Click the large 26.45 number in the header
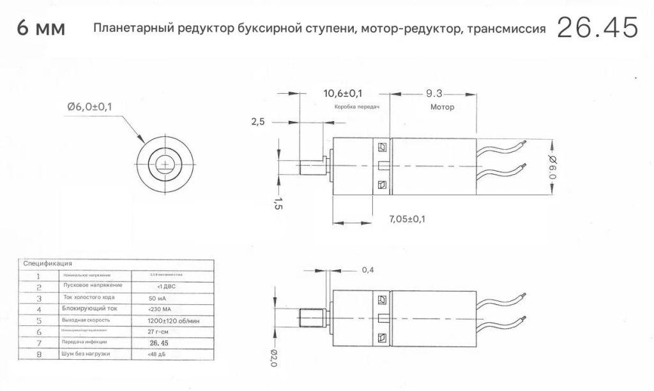pos(597,28)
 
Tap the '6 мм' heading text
pos(42,29)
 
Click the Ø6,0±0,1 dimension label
pos(89,107)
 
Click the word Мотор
pos(442,107)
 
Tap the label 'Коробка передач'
pos(357,107)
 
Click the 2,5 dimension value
pos(258,122)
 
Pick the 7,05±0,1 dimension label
pos(407,219)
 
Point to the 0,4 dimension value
pos(368,270)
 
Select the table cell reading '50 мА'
pos(157,298)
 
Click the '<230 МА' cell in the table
pos(159,309)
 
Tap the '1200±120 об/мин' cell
pos(174,320)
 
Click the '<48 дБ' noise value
pos(157,354)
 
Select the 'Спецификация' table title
pos(47,263)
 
